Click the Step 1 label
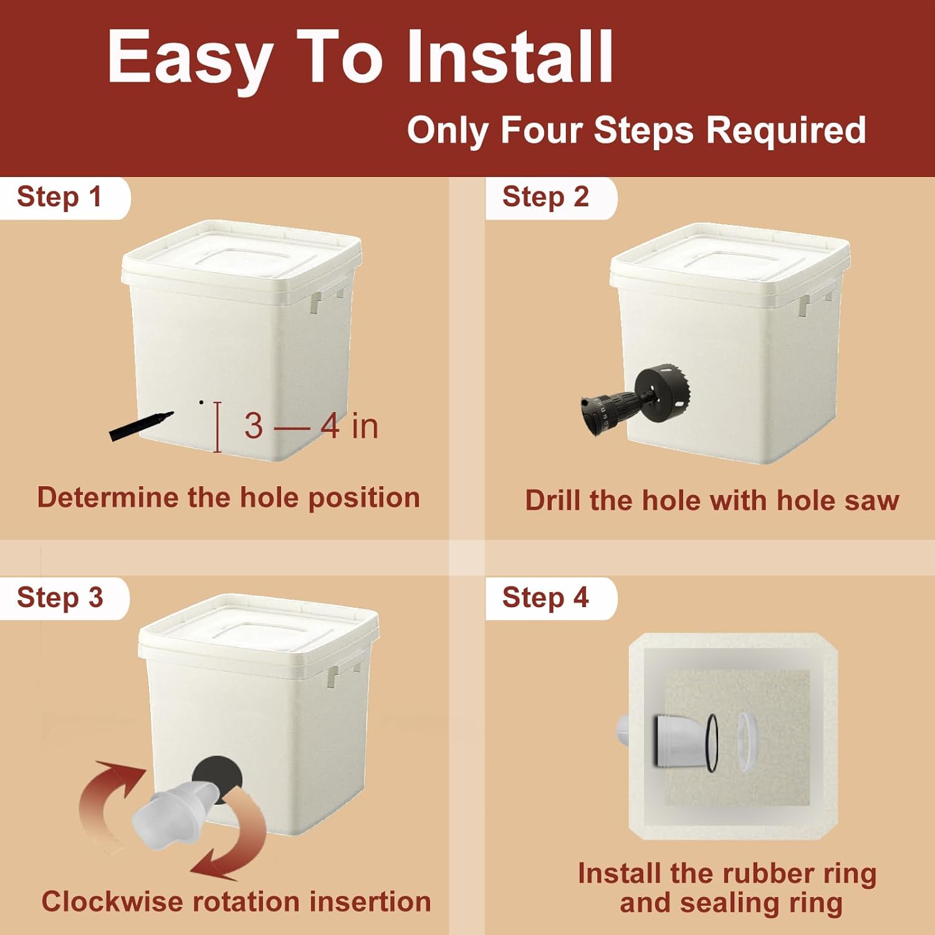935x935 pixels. [x=59, y=197]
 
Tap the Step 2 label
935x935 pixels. [x=545, y=197]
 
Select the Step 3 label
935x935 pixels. [x=60, y=597]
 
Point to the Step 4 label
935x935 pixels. [x=545, y=597]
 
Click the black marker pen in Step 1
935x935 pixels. [x=141, y=426]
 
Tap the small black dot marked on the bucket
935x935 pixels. [x=201, y=402]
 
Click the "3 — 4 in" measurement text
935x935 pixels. [x=311, y=426]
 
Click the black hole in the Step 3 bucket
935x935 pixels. [x=217, y=779]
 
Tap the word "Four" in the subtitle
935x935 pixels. [x=541, y=131]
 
